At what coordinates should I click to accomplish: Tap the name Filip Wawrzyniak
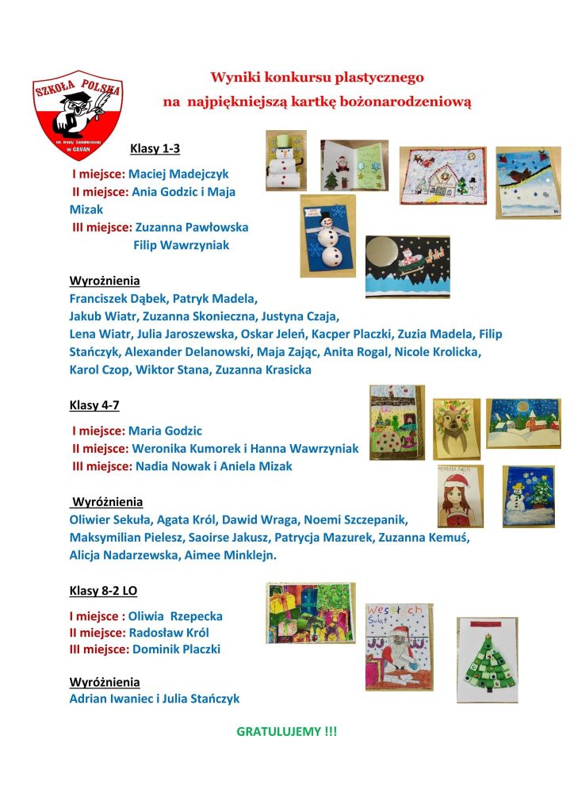pos(182,245)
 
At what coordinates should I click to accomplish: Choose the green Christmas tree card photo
pos(487,660)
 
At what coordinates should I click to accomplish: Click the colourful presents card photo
pos(311,612)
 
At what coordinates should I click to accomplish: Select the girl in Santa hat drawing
pos(460,496)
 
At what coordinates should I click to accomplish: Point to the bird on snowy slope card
pos(528,182)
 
